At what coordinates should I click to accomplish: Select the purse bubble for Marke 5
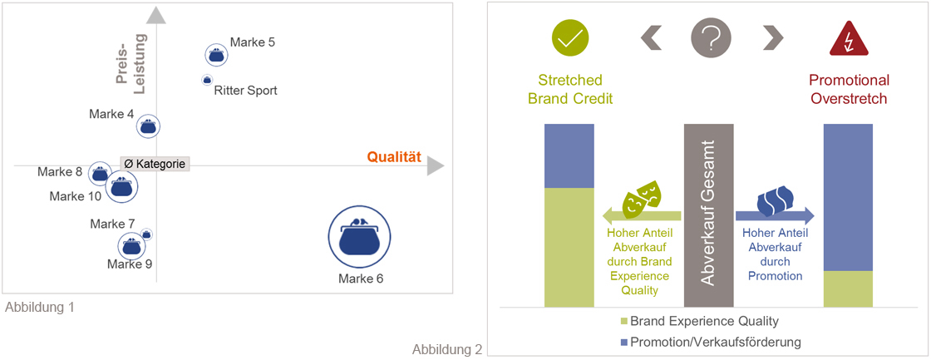tap(216, 55)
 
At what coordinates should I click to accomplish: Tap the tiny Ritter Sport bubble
tap(207, 79)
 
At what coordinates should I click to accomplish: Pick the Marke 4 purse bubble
tap(149, 126)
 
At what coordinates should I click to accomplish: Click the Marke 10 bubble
tap(121, 186)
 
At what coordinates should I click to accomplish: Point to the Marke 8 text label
tap(60, 172)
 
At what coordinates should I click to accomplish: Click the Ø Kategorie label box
tap(155, 164)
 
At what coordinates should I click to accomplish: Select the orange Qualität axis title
tap(394, 157)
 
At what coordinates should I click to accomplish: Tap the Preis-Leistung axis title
tap(131, 64)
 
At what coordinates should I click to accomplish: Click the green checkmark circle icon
tap(570, 37)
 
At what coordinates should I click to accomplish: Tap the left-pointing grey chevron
tap(651, 38)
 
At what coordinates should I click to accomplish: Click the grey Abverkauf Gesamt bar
tap(709, 215)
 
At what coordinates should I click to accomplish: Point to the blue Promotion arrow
tap(775, 215)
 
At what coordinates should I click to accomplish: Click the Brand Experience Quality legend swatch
tap(623, 322)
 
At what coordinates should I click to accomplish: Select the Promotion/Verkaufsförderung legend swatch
tap(623, 342)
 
